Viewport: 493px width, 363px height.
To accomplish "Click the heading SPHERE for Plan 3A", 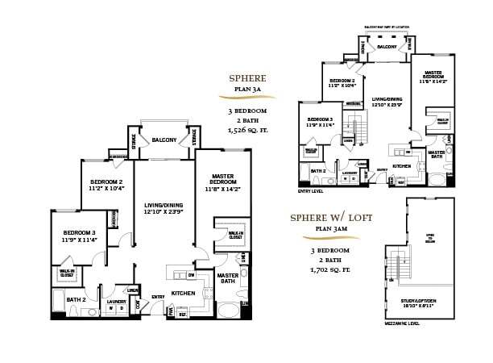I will click(247, 78).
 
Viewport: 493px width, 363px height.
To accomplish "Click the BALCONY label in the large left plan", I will click(164, 140).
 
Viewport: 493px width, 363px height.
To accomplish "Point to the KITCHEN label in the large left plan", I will click(184, 293).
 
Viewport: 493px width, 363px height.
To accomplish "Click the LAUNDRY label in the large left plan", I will click(117, 302).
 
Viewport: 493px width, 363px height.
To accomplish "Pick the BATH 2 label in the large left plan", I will click(77, 300).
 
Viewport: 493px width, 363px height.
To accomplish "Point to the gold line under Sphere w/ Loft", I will click(328, 238).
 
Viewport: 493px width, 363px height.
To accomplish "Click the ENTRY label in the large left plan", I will click(159, 296).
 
